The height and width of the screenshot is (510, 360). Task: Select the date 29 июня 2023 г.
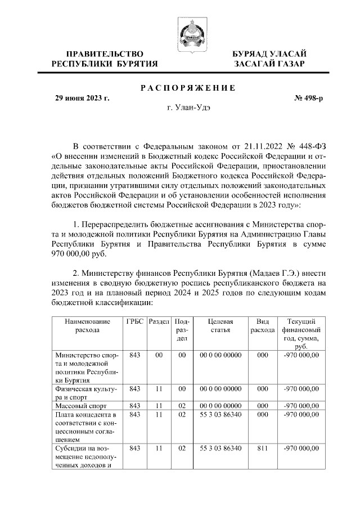tap(82, 98)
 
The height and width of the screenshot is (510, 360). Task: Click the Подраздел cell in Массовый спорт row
tap(181, 405)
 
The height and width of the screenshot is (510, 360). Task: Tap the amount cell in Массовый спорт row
tap(301, 405)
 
